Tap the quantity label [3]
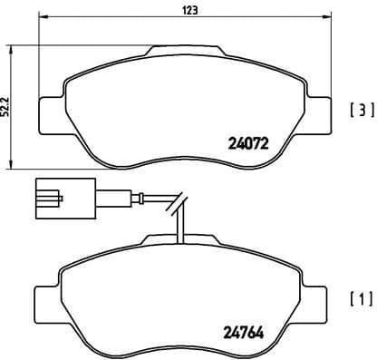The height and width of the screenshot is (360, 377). pos(361,112)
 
